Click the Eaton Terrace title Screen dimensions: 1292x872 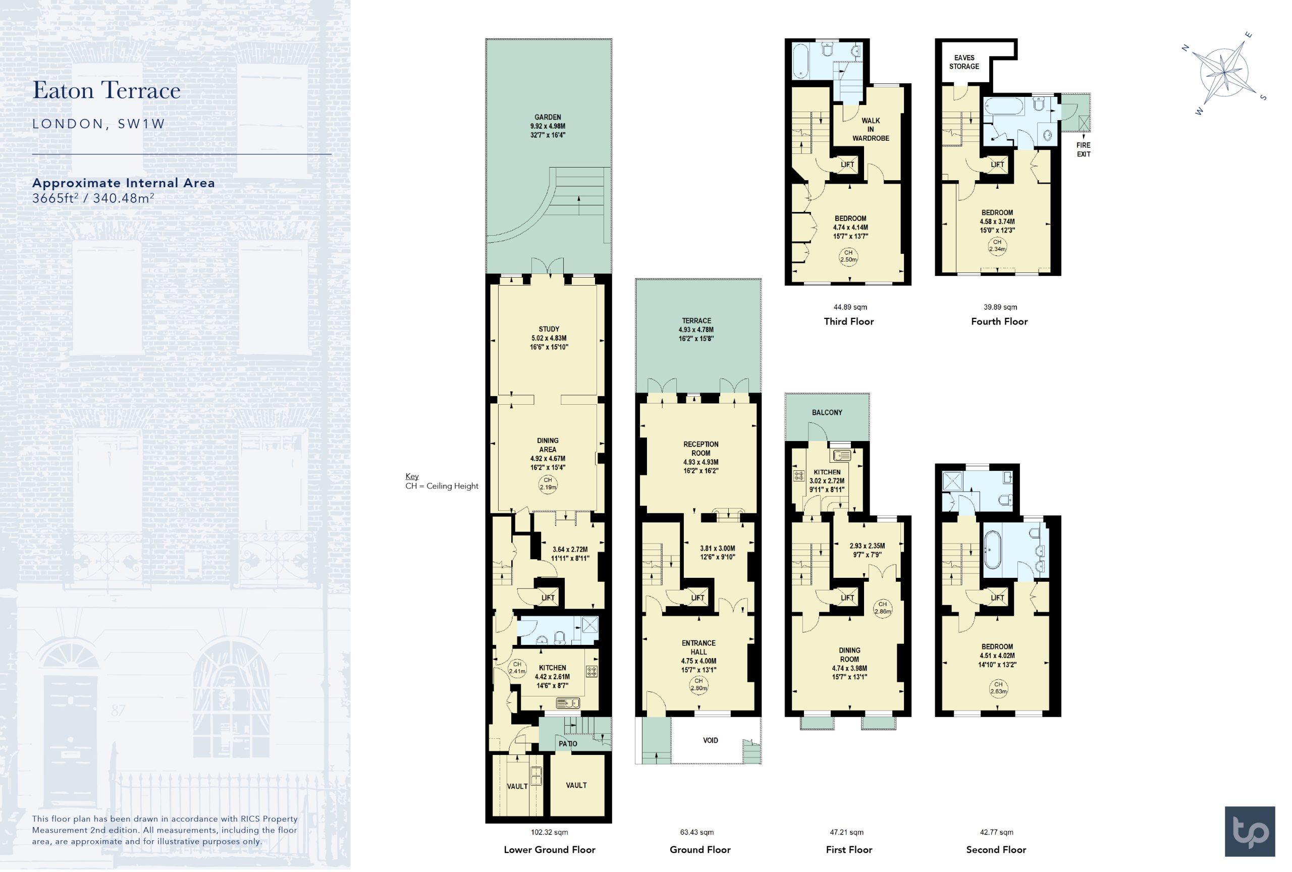[x=106, y=90]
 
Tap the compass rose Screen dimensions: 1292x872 [x=1225, y=73]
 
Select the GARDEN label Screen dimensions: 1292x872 [x=548, y=117]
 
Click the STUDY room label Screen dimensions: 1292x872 [x=549, y=329]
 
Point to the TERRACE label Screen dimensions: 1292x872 [x=696, y=320]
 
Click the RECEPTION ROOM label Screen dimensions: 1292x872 [x=701, y=449]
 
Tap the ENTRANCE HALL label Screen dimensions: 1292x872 [x=699, y=647]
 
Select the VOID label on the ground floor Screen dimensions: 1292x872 [x=711, y=740]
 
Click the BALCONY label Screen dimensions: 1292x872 [x=827, y=412]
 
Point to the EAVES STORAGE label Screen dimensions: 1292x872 [x=964, y=62]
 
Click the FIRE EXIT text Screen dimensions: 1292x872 [x=1084, y=149]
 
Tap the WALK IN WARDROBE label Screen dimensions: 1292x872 [x=871, y=130]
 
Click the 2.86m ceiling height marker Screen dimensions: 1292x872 [x=882, y=608]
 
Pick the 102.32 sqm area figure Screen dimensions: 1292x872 [x=549, y=832]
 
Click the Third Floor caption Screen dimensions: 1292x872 [x=848, y=321]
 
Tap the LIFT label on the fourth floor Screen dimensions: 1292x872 [x=997, y=165]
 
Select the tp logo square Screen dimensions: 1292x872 [x=1250, y=832]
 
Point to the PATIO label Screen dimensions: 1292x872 [x=568, y=744]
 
